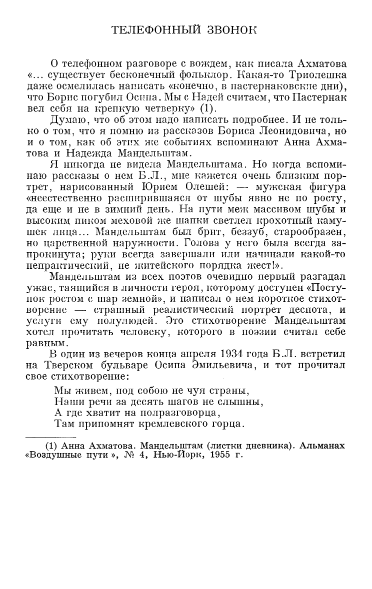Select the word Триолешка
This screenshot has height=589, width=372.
(313, 76)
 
